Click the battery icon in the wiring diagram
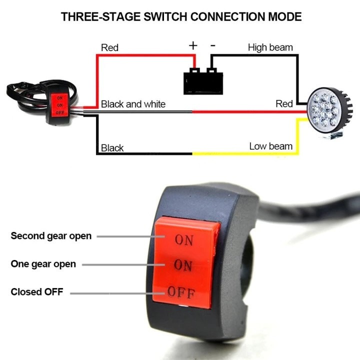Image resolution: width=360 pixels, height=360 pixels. (x=203, y=81)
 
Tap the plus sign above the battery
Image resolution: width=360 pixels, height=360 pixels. (x=193, y=45)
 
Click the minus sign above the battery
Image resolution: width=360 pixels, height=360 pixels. (x=213, y=45)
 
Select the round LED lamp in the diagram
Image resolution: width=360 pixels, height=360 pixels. (x=329, y=112)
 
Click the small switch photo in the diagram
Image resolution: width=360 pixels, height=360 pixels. (x=42, y=102)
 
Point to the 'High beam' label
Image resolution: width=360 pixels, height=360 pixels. (x=270, y=47)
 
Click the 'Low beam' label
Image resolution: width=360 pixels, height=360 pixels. (x=271, y=146)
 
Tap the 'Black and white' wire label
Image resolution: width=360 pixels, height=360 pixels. (x=133, y=104)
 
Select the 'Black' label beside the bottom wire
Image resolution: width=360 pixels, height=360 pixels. (x=112, y=148)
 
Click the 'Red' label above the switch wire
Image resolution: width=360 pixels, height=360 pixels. (x=109, y=48)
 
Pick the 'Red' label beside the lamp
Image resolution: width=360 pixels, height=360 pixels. (x=284, y=104)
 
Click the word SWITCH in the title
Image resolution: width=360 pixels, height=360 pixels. (x=165, y=17)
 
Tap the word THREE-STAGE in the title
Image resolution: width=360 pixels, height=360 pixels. (x=100, y=17)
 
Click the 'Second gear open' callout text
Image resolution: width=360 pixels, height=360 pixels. (x=51, y=236)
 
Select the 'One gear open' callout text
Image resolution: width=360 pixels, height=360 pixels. (x=43, y=264)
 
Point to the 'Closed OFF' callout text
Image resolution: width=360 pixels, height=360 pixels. (x=37, y=292)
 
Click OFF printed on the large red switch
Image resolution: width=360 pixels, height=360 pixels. (x=181, y=292)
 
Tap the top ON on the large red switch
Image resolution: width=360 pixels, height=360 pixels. (x=184, y=240)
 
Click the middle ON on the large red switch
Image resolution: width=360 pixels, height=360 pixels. (x=183, y=265)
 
